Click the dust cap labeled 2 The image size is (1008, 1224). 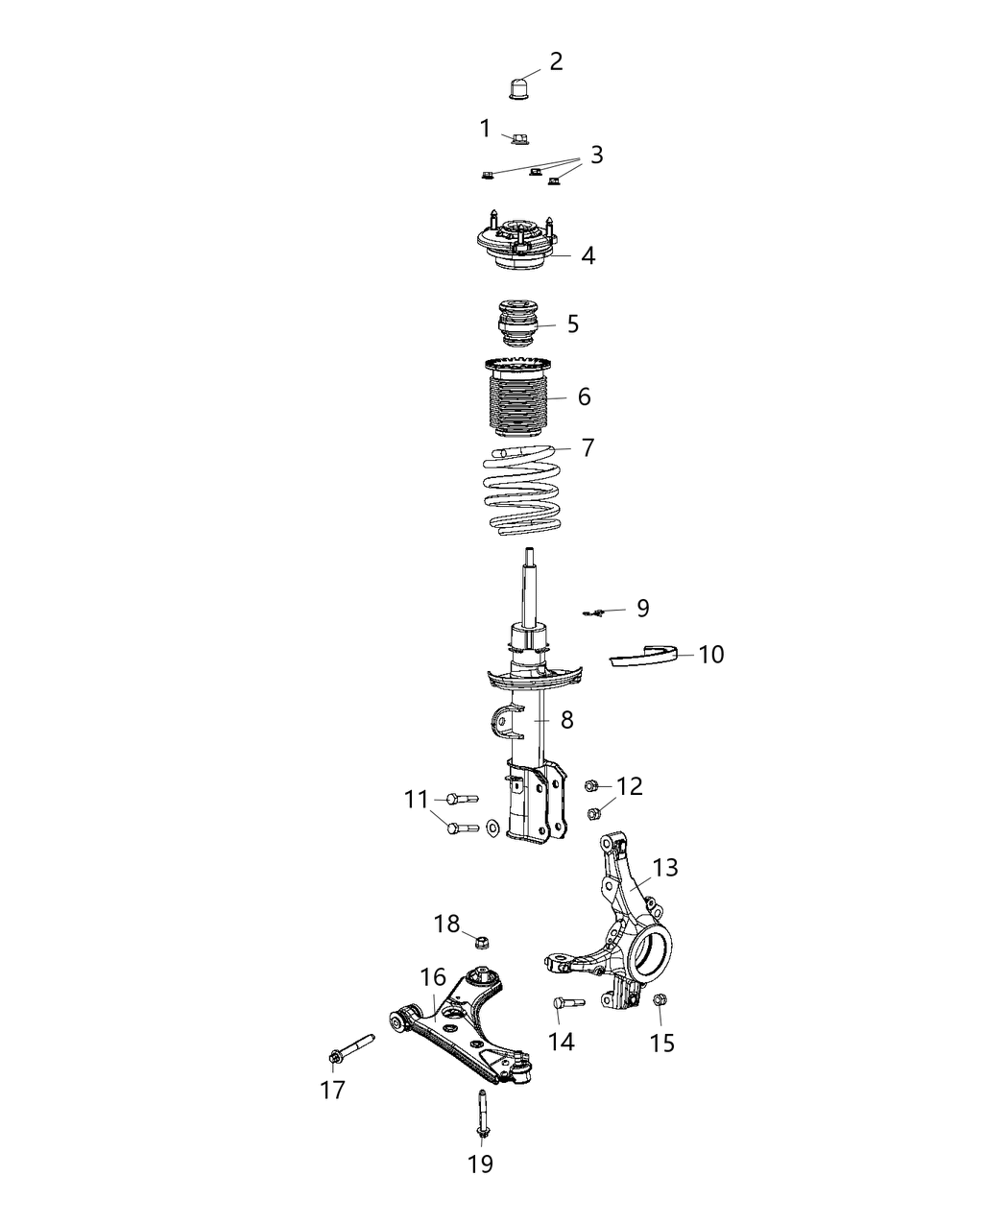pyautogui.click(x=519, y=89)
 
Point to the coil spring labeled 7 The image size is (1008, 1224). pyautogui.click(x=524, y=490)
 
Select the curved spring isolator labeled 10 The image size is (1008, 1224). pyautogui.click(x=645, y=657)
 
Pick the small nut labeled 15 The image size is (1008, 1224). pyautogui.click(x=660, y=1001)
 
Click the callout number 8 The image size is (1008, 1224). pyautogui.click(x=567, y=719)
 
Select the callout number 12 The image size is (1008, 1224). pyautogui.click(x=630, y=786)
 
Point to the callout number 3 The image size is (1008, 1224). pyautogui.click(x=596, y=155)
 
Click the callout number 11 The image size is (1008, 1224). pyautogui.click(x=416, y=799)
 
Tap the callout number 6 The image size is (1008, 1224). pyautogui.click(x=584, y=396)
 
